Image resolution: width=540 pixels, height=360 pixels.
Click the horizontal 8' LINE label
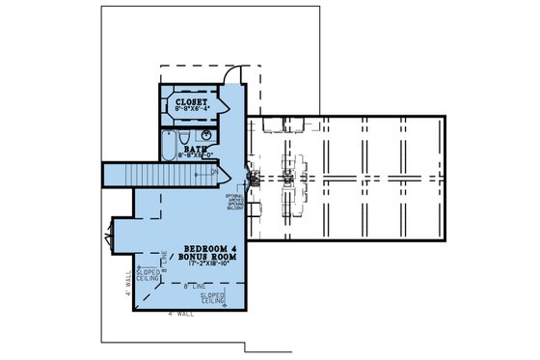click(x=200, y=287)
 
